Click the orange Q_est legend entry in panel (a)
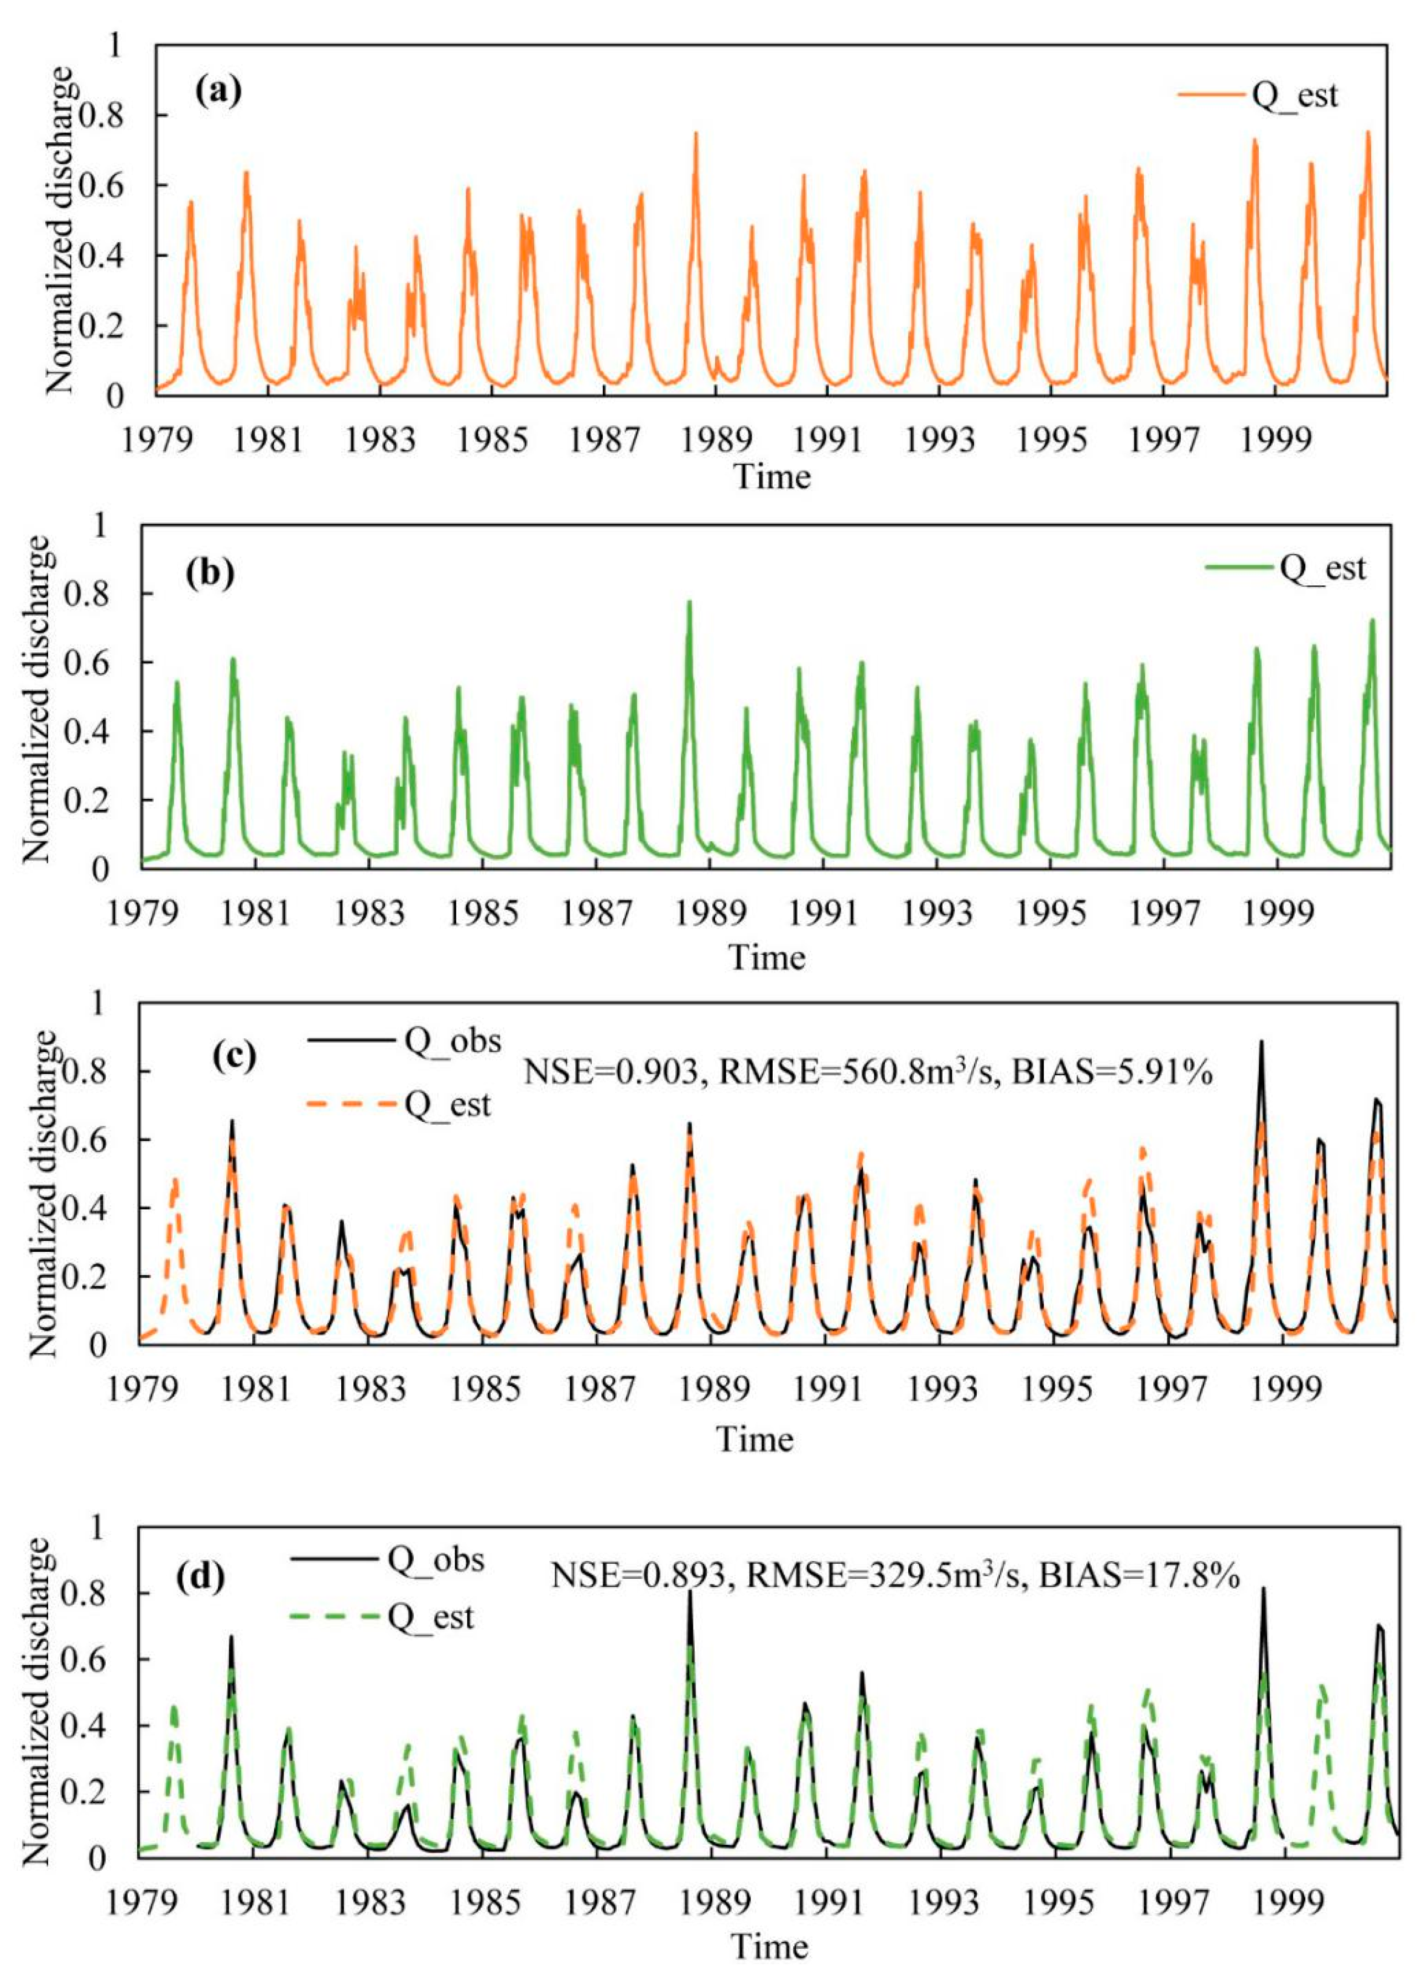click(x=1293, y=95)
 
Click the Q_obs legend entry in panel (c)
click(x=452, y=1041)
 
